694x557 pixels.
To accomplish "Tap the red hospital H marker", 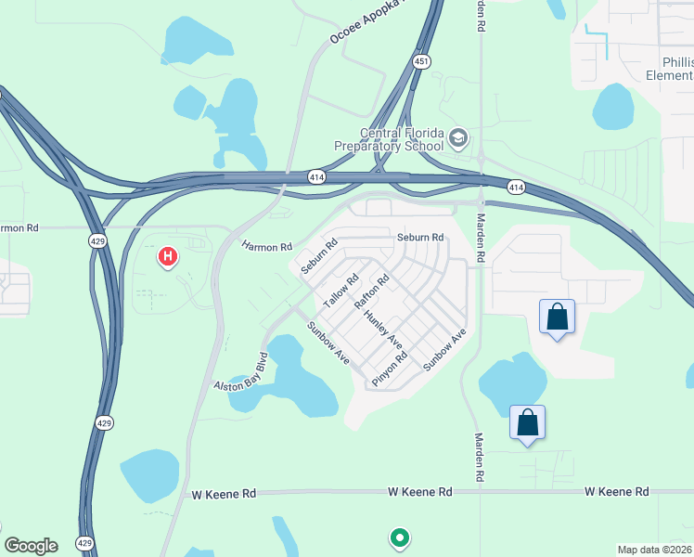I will tap(168, 255).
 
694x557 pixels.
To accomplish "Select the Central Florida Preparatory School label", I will tap(389, 139).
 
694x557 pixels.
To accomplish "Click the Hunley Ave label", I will tap(382, 329).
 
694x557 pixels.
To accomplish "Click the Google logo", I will tap(31, 546).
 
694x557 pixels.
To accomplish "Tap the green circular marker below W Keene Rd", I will tap(400, 537).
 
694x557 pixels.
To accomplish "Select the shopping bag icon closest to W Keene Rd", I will tap(527, 423).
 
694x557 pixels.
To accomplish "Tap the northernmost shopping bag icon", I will tap(557, 317).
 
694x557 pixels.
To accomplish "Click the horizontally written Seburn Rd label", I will tap(421, 238).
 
